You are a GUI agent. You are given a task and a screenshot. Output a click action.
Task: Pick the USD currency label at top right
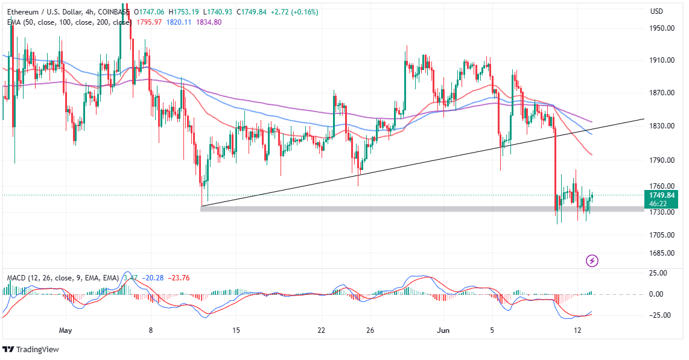pos(656,11)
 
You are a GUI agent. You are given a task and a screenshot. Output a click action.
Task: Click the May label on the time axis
pos(66,330)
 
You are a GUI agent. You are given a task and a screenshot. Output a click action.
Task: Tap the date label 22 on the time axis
pos(321,330)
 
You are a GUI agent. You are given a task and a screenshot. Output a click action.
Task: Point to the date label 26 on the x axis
pos(370,330)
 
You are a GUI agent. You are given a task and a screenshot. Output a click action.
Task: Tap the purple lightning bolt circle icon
pos(592,261)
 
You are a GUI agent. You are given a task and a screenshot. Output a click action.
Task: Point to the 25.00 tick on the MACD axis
pos(659,273)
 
